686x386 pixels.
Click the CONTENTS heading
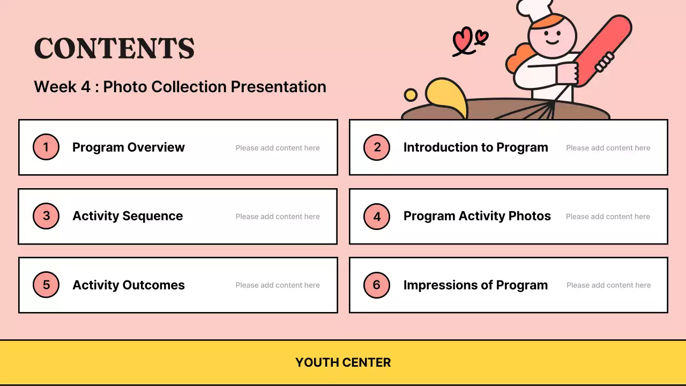114,48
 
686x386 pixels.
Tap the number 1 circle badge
46,147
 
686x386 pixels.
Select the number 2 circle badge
377,147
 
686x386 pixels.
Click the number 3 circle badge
46,216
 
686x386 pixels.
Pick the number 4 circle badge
377,217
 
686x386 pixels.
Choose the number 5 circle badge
46,285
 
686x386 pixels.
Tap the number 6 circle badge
377,285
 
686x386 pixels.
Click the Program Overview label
129,147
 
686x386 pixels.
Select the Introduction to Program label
475,147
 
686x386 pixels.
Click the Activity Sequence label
128,216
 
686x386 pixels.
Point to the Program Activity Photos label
477,216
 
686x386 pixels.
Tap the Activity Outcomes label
129,285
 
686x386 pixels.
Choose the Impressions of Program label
475,285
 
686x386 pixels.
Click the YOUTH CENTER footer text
343,362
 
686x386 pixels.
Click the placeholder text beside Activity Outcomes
278,285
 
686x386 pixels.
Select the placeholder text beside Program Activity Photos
608,217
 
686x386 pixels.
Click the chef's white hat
534,10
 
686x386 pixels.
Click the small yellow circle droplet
411,95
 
